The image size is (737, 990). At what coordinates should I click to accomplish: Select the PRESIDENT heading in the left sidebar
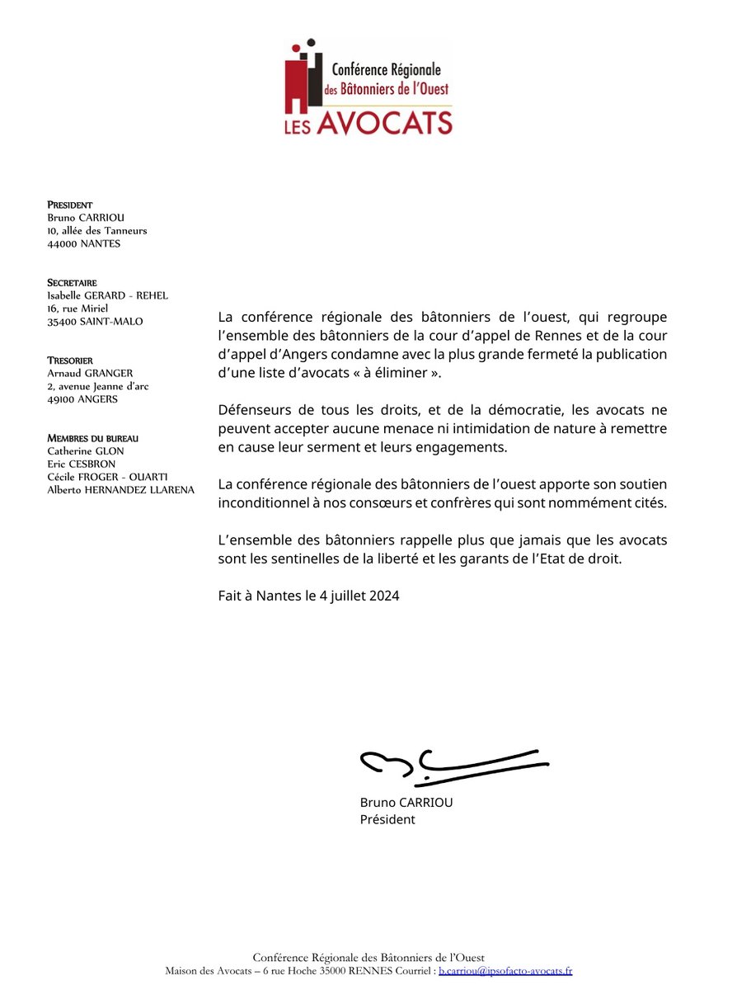click(x=70, y=205)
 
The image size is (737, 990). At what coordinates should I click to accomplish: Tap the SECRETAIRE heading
click(x=72, y=283)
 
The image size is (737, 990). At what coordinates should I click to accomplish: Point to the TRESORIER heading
click(x=70, y=361)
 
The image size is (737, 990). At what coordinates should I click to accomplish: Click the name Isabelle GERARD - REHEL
click(x=108, y=295)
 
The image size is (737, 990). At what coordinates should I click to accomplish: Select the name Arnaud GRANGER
click(x=90, y=373)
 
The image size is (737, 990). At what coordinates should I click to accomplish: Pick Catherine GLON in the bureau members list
click(x=85, y=451)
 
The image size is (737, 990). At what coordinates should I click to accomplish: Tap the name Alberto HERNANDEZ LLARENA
click(x=120, y=490)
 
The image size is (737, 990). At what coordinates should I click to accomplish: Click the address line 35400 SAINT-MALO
click(x=95, y=322)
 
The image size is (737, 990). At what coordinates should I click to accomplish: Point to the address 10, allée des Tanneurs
click(x=97, y=231)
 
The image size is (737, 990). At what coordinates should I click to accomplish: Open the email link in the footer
click(x=505, y=971)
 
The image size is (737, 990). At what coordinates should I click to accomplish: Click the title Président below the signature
click(x=387, y=819)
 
